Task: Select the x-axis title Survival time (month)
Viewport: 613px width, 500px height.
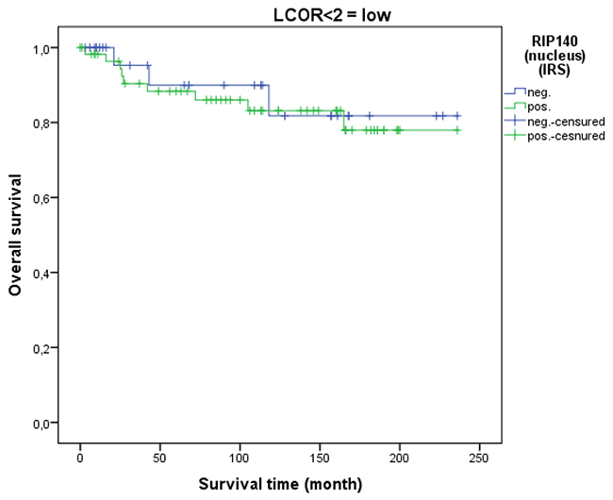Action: pyautogui.click(x=280, y=485)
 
